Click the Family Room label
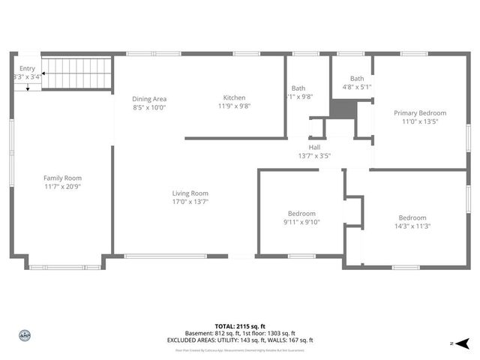tap(62, 178)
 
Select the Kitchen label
tap(234, 97)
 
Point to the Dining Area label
tap(149, 99)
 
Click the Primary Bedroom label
tap(420, 112)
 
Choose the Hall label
tap(314, 147)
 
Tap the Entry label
tap(28, 68)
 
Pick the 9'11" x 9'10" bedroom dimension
tap(301, 222)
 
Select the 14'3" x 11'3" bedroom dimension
tap(412, 226)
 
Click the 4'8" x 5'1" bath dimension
tap(357, 87)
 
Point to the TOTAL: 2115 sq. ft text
tap(240, 326)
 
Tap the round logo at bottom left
tap(24, 336)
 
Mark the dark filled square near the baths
tap(342, 108)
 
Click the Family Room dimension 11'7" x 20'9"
tap(62, 187)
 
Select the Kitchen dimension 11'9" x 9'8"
tap(234, 106)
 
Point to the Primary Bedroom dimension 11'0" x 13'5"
tap(420, 121)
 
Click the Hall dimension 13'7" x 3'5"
tap(314, 156)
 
